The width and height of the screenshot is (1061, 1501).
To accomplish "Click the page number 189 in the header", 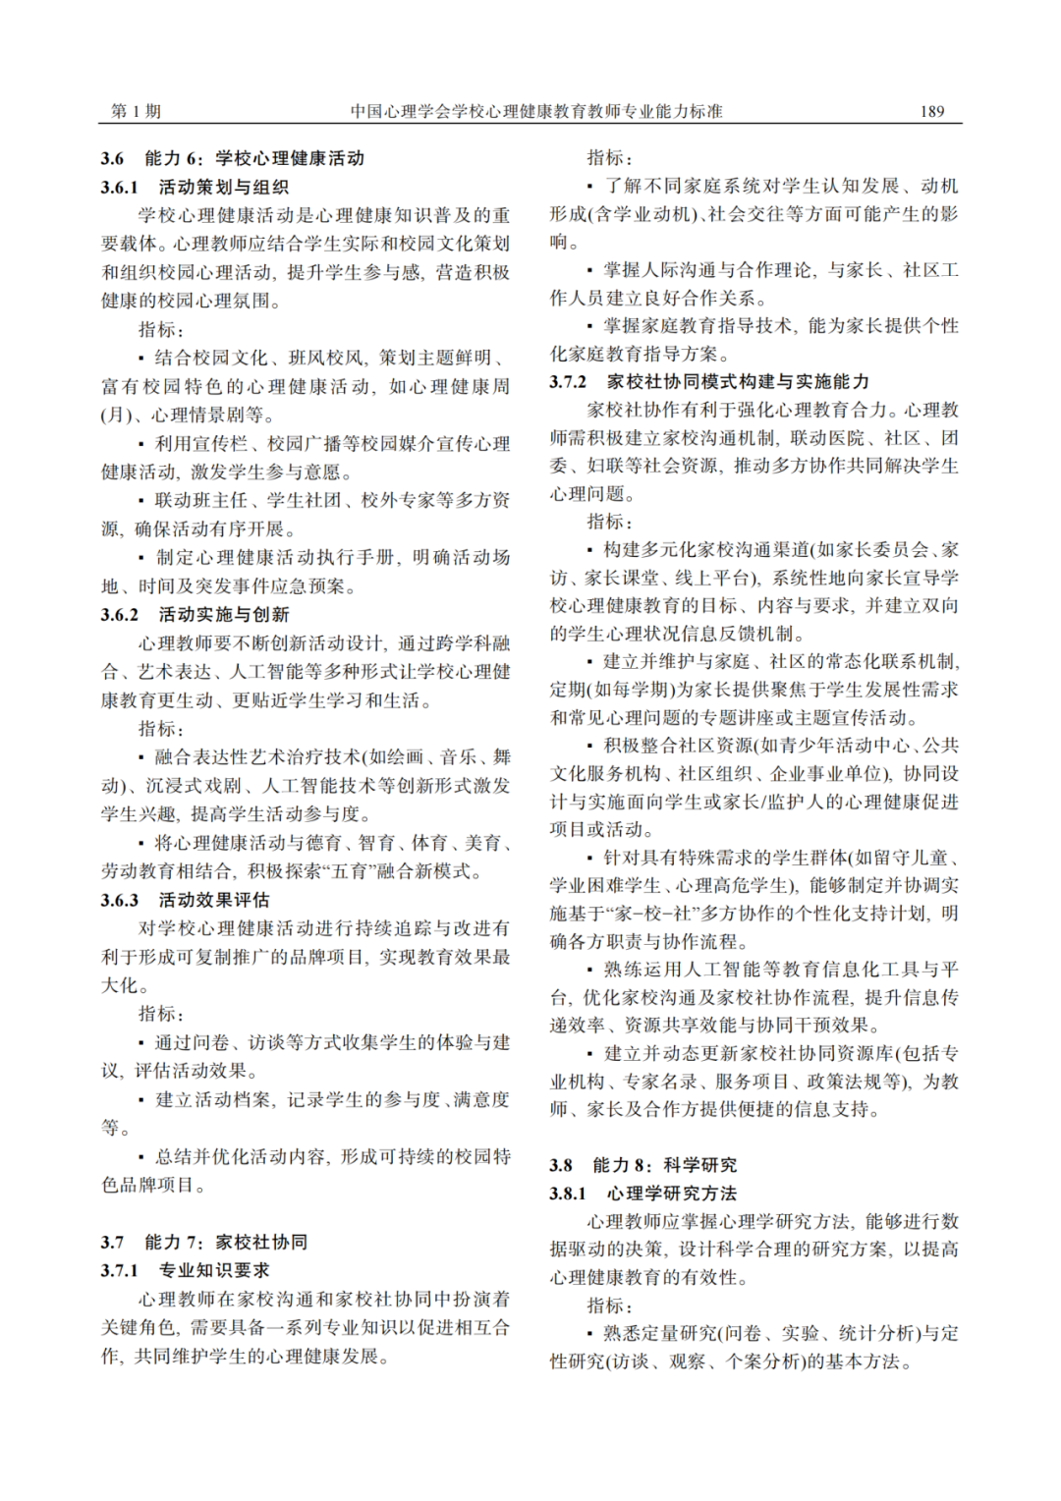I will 931,112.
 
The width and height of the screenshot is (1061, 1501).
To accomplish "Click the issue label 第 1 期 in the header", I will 136,112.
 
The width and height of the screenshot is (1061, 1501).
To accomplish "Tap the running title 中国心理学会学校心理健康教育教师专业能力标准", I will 536,112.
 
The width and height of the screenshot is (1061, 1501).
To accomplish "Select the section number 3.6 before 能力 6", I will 112,158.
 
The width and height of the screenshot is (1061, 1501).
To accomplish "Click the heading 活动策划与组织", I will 224,187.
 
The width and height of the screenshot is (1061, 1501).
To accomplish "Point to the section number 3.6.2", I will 120,615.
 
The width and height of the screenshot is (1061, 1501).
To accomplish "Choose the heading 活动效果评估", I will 214,900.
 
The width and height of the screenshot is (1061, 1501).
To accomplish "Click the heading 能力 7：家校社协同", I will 226,1243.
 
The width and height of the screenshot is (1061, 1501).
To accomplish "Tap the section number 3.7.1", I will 120,1271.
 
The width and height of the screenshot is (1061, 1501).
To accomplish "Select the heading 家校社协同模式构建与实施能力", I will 738,382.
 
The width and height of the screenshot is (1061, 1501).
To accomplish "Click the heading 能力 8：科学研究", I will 664,1165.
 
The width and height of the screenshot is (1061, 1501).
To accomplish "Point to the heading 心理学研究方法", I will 672,1194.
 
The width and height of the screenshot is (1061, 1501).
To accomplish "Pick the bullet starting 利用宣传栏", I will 142,445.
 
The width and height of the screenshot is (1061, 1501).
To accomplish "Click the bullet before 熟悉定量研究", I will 590,1334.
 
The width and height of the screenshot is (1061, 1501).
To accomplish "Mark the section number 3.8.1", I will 568,1194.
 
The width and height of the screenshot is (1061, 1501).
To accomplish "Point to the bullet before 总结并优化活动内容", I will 142,1157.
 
